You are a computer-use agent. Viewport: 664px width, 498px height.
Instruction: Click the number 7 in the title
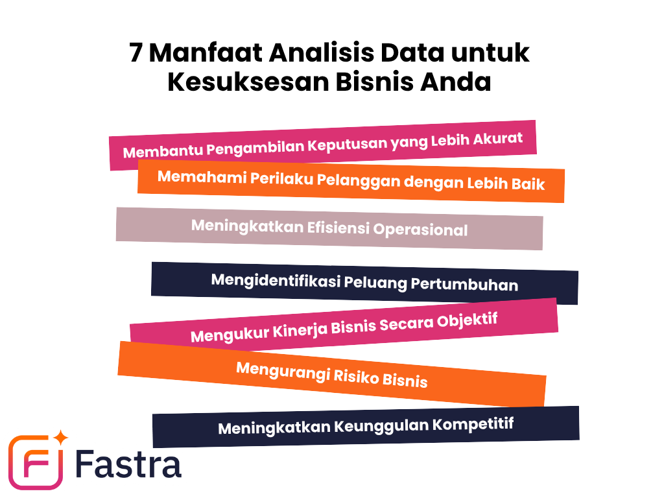point(136,53)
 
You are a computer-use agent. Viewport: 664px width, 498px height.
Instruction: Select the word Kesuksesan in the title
point(248,82)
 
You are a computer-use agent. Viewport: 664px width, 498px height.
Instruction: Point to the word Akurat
point(498,139)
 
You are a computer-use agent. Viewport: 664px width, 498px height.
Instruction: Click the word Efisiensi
point(338,228)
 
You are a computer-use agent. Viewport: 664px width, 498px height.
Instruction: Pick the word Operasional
point(420,230)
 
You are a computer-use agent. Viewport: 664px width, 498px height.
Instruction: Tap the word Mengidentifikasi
point(276,280)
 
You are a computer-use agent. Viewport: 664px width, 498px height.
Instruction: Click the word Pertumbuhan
point(464,284)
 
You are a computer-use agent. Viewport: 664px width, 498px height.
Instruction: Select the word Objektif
point(468,320)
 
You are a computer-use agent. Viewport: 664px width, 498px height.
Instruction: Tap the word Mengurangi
point(283,370)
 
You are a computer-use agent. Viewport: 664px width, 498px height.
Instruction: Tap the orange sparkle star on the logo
point(61,438)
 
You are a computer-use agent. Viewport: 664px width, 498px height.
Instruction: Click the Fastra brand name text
point(128,464)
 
